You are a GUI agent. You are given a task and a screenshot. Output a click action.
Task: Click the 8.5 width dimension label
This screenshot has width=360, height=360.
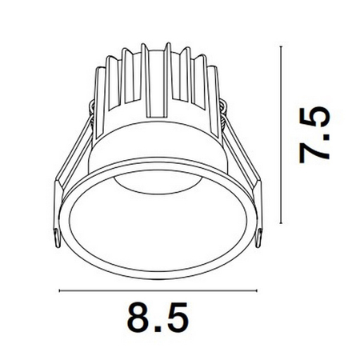[158, 318]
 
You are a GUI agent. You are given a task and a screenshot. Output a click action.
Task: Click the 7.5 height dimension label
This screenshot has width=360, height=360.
[314, 135]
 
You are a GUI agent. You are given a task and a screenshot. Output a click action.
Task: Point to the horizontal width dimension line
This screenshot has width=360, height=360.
[158, 290]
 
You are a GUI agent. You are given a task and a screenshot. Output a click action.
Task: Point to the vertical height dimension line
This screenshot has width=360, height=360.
[281, 135]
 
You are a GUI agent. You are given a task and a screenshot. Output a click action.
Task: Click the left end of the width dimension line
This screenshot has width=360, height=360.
[59, 290]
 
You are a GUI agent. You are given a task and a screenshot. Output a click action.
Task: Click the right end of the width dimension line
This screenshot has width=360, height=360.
[257, 290]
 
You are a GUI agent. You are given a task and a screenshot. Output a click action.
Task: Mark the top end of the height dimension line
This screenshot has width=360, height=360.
[281, 46]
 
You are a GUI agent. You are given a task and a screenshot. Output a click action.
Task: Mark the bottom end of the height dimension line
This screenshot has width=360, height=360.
[281, 224]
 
